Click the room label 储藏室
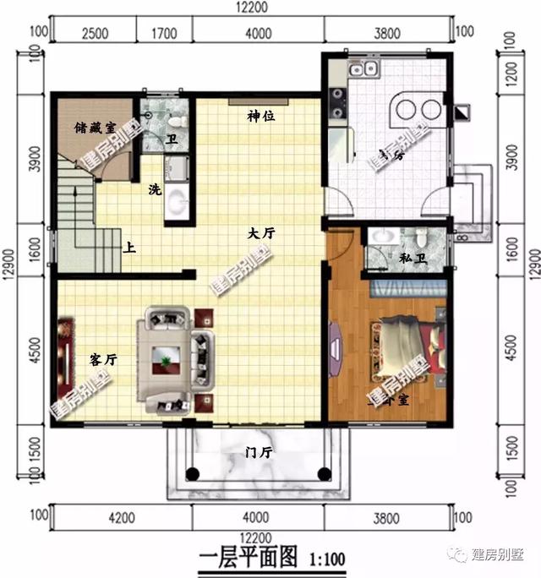click(90, 128)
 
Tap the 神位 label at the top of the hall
click(260, 116)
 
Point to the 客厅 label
click(103, 359)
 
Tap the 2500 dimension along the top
click(94, 34)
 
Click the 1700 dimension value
click(167, 34)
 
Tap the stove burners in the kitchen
click(337, 101)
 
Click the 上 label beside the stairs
click(130, 249)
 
